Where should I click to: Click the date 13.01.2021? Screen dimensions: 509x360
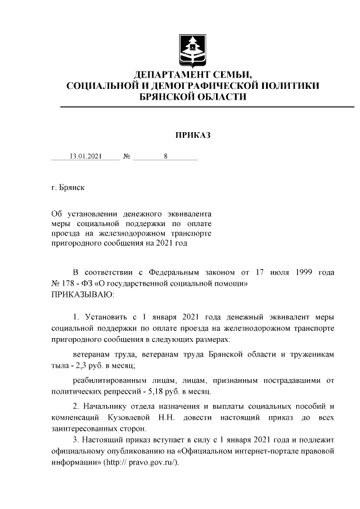(x=85, y=157)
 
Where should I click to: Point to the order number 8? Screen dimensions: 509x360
(x=166, y=157)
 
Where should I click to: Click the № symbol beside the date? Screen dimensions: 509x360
(x=127, y=157)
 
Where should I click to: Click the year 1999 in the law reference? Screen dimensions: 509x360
(x=303, y=273)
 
